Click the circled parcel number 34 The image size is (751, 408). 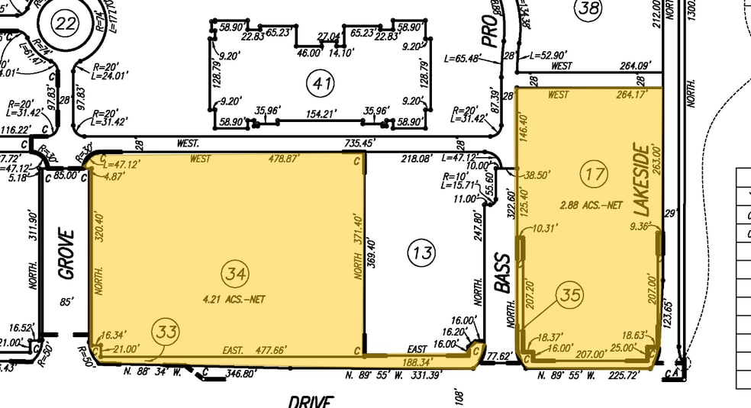coord(234,271)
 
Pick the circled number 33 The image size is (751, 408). coord(166,332)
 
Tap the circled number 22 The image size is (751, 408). coord(66,24)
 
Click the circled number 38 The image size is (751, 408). coord(588,9)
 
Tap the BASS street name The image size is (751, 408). coord(502,272)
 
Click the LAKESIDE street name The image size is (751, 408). coord(640,180)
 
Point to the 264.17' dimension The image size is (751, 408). coord(631,95)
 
